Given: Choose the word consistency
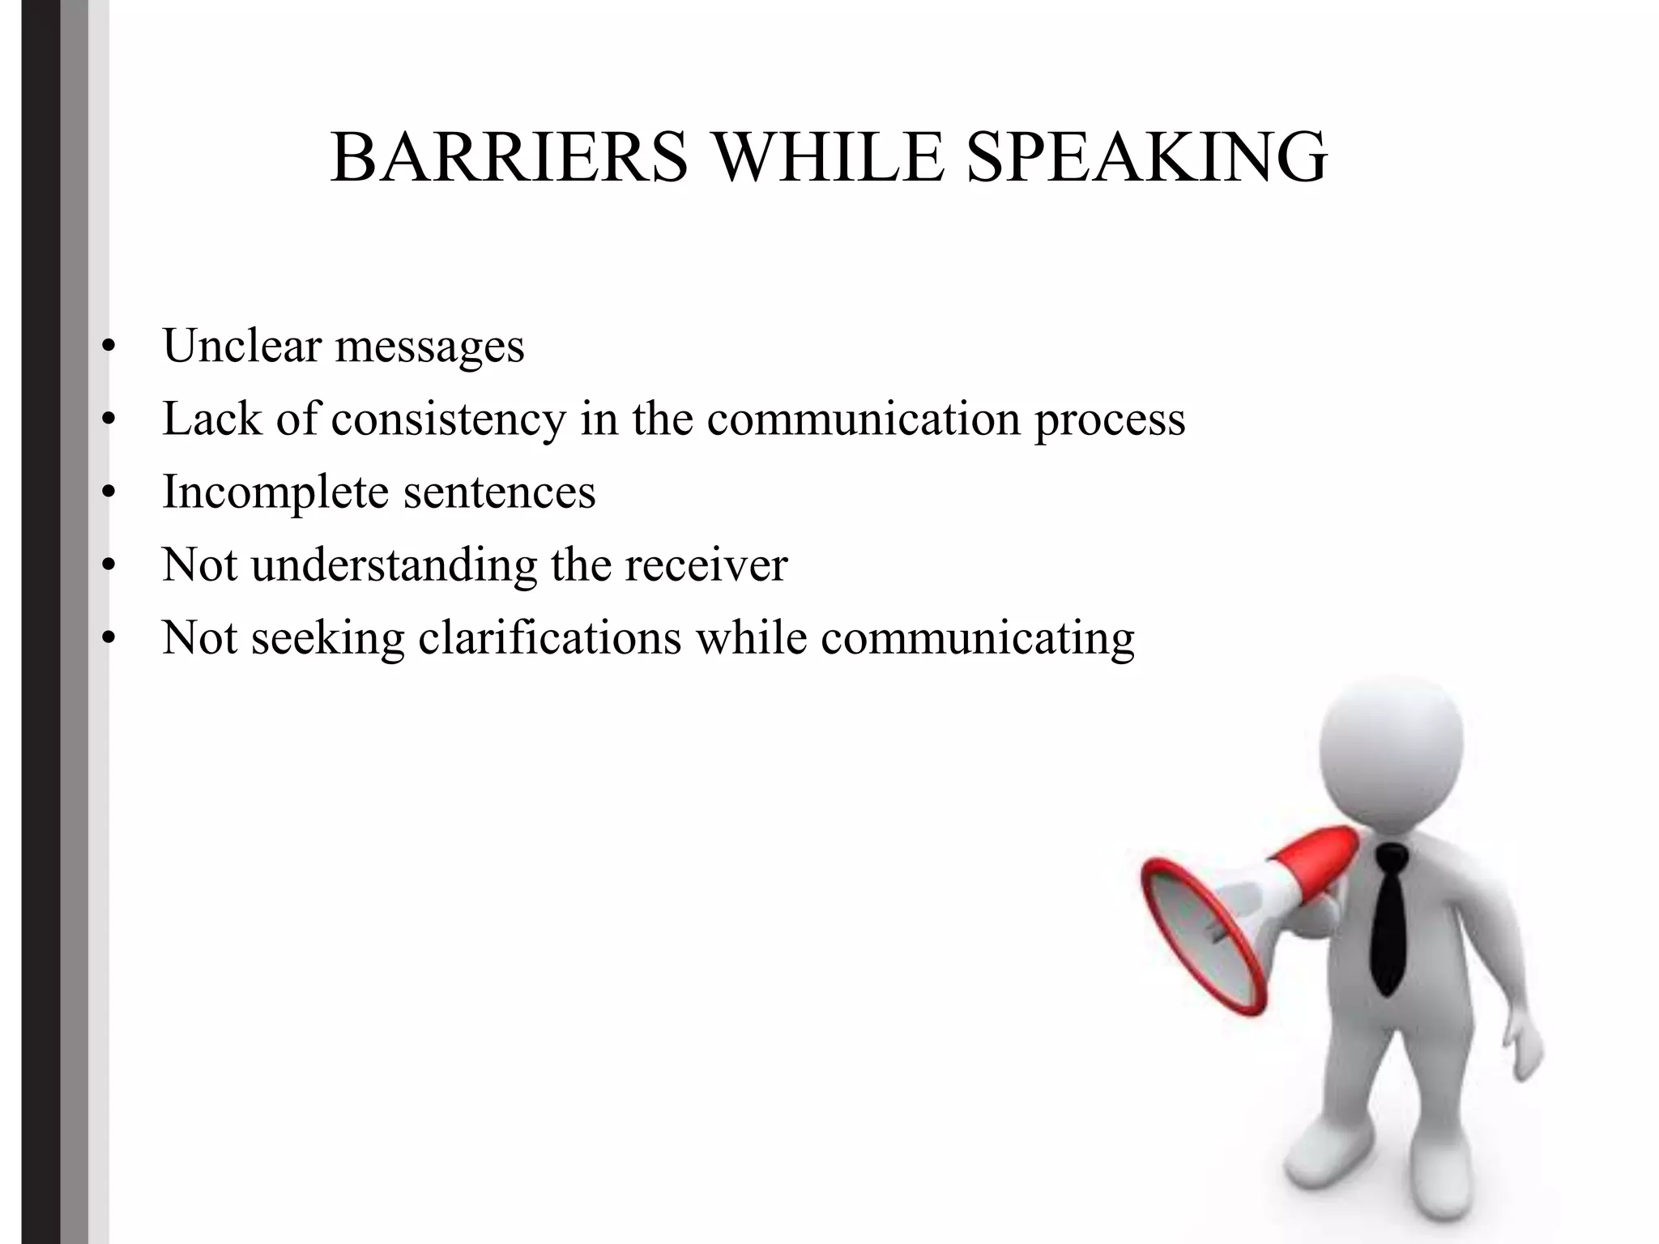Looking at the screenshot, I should pyautogui.click(x=449, y=420).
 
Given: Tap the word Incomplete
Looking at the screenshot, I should pyautogui.click(x=275, y=493).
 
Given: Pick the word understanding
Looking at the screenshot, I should pyautogui.click(x=394, y=565).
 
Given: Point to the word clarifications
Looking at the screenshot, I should pyautogui.click(x=550, y=637).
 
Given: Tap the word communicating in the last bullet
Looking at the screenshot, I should pyautogui.click(x=978, y=639).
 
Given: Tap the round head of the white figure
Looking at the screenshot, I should pyautogui.click(x=1391, y=745).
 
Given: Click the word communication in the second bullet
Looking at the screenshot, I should pyautogui.click(x=864, y=420).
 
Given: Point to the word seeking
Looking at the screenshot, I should pyautogui.click(x=328, y=639).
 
